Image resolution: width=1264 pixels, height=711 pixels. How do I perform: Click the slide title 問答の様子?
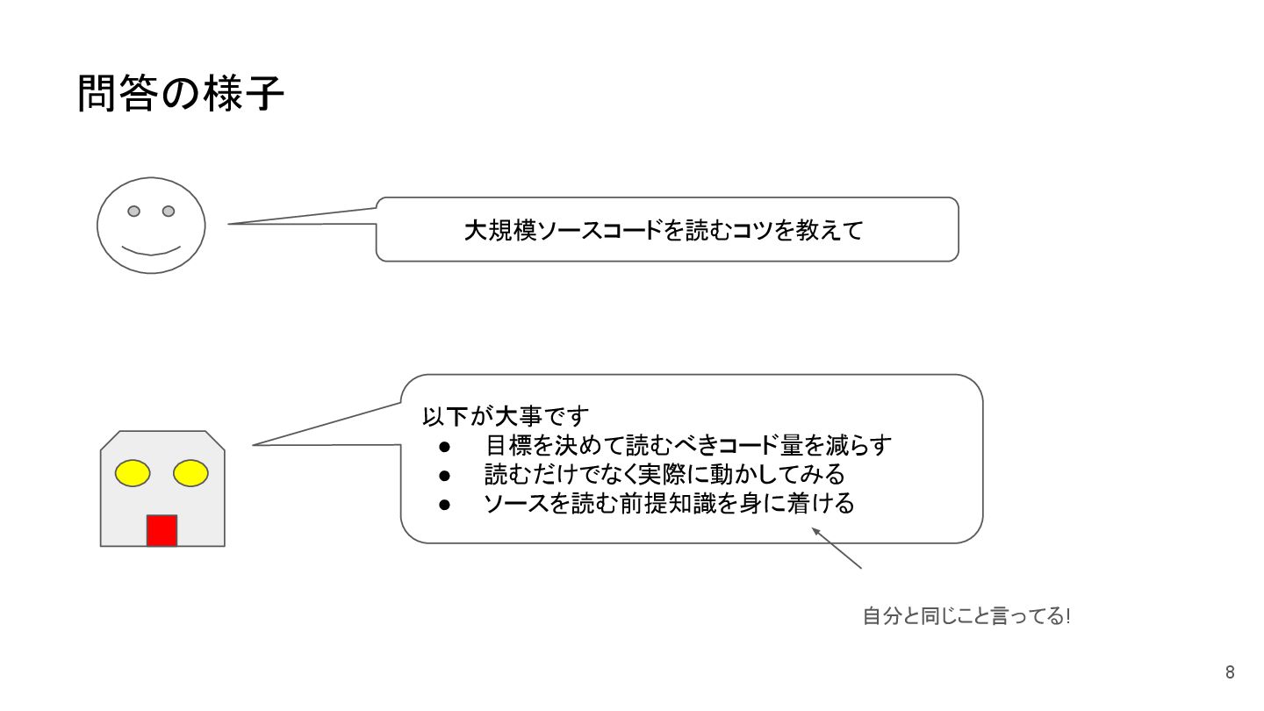181,94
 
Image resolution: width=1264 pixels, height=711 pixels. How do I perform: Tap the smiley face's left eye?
134,211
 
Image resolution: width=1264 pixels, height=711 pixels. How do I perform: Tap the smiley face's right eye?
169,211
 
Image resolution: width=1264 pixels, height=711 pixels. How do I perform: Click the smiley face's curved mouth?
151,251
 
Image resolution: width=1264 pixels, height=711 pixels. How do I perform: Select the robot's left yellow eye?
133,473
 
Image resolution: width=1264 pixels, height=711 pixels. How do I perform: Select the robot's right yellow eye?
190,473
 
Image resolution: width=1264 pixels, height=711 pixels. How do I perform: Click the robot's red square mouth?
162,531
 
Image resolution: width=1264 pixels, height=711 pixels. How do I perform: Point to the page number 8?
1230,673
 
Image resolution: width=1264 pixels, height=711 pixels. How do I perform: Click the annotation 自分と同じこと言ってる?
966,616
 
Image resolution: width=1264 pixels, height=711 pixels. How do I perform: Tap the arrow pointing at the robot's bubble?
837,548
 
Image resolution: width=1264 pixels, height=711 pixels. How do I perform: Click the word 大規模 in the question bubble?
500,231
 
